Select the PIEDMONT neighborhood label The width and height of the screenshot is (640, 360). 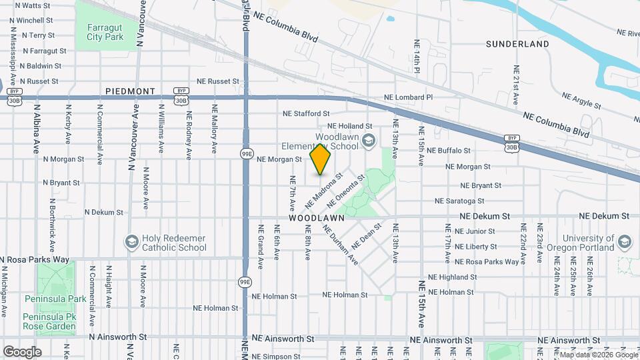130,91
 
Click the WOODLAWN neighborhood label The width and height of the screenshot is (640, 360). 317,218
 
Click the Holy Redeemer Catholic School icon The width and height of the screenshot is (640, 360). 131,241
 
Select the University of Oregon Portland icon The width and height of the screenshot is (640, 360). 625,241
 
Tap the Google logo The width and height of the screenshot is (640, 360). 22,351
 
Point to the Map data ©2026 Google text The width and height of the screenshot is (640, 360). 595,355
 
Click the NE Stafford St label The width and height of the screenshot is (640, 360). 306,113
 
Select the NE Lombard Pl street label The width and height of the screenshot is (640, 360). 409,97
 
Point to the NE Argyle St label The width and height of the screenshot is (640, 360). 581,101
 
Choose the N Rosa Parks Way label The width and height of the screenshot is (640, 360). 35,259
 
